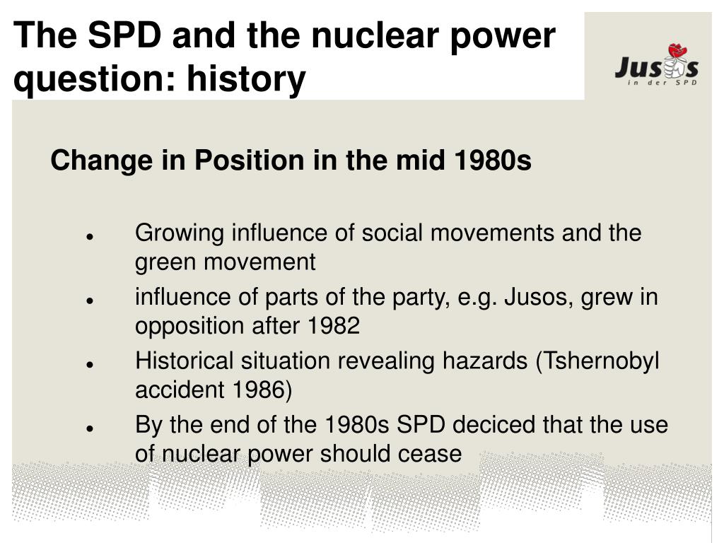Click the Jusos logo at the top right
pos(655,67)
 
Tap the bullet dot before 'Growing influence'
pos(90,237)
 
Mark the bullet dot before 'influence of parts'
pos(90,300)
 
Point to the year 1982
pos(334,326)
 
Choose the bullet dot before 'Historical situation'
pos(90,364)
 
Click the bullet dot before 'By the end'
pos(90,428)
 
